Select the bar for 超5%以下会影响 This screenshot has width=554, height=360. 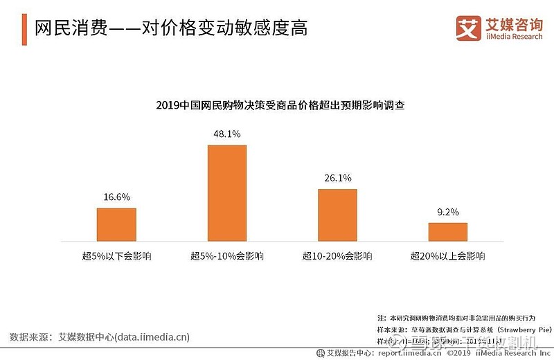pyautogui.click(x=116, y=224)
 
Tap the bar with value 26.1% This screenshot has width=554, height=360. pyautogui.click(x=337, y=214)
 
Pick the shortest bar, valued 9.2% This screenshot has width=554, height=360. pyautogui.click(x=447, y=231)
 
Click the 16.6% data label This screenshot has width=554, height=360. pyautogui.click(x=116, y=197)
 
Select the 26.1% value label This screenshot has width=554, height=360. pyautogui.click(x=337, y=177)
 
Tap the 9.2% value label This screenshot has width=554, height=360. pyautogui.click(x=447, y=211)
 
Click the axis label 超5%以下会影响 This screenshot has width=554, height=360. pyautogui.click(x=116, y=256)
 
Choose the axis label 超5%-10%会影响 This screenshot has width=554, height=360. pyautogui.click(x=227, y=256)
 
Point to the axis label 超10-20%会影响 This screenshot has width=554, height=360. pyautogui.click(x=337, y=256)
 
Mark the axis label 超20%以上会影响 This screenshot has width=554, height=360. pyautogui.click(x=447, y=256)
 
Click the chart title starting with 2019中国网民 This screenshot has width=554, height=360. pyautogui.click(x=280, y=106)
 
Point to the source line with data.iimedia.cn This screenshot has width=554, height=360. pyautogui.click(x=100, y=337)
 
